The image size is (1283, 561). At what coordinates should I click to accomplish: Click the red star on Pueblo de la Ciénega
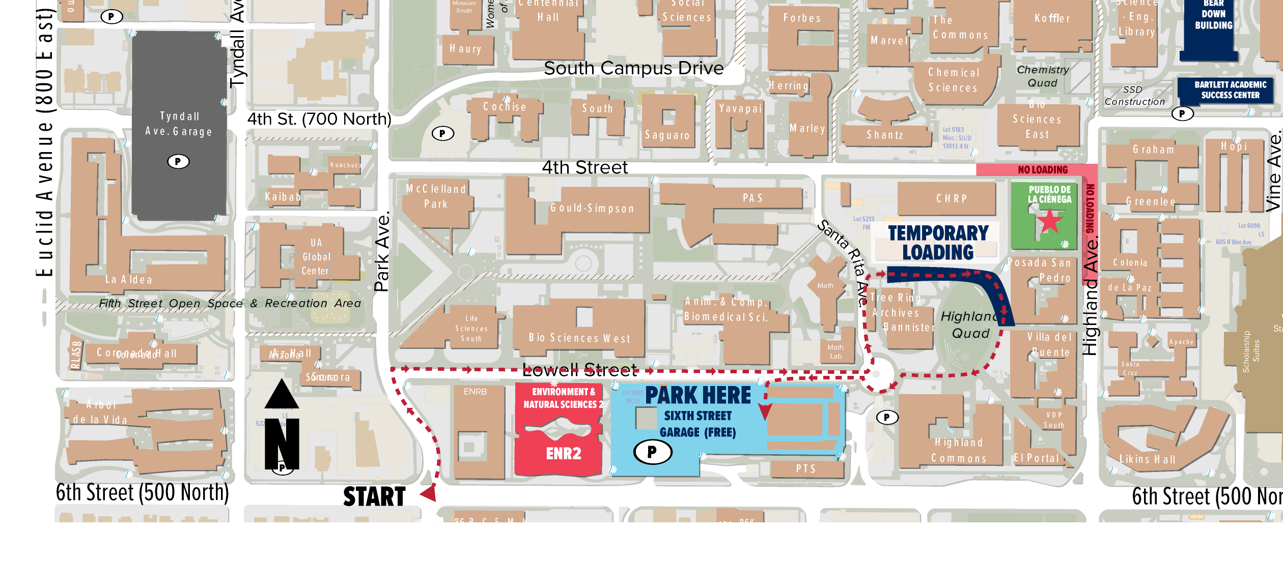[1049, 221]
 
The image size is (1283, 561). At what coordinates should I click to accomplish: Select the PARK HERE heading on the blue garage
[698, 396]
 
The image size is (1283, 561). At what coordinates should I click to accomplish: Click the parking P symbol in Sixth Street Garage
[652, 452]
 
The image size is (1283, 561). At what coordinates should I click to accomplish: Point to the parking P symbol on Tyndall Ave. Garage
[178, 162]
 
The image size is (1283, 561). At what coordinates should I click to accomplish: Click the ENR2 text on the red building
[564, 454]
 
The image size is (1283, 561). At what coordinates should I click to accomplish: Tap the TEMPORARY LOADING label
[938, 243]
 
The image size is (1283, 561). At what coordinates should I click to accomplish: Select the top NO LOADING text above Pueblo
[1043, 170]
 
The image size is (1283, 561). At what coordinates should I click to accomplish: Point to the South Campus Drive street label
[633, 68]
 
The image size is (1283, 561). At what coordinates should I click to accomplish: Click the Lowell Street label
[580, 370]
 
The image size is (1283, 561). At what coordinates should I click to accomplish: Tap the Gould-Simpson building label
[592, 208]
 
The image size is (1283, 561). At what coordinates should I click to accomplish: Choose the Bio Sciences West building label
[579, 338]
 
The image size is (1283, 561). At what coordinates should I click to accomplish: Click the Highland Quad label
[969, 325]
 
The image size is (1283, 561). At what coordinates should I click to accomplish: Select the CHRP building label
[951, 199]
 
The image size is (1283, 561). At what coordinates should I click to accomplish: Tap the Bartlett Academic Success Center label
[1230, 90]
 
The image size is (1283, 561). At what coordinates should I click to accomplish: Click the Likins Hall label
[1148, 460]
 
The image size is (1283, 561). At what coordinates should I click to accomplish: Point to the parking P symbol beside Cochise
[442, 134]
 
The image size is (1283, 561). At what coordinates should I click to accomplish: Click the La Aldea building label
[128, 280]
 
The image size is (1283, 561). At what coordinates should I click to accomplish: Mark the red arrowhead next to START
[429, 493]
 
